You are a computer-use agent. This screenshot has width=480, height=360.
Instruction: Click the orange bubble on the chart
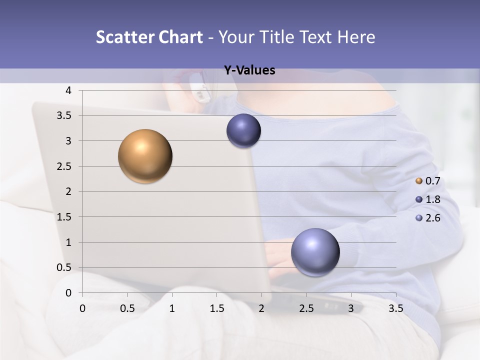pyautogui.click(x=145, y=156)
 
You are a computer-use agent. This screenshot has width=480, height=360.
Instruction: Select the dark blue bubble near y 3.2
pyautogui.click(x=243, y=130)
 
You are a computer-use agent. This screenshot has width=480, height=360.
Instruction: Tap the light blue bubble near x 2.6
pyautogui.click(x=315, y=252)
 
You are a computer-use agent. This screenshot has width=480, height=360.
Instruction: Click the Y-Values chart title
pyautogui.click(x=249, y=70)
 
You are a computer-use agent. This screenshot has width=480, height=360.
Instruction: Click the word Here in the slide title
pyautogui.click(x=356, y=37)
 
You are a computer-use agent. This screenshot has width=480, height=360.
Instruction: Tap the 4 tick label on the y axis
pyautogui.click(x=68, y=90)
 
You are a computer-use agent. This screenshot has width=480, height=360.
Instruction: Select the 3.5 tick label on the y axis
pyautogui.click(x=65, y=116)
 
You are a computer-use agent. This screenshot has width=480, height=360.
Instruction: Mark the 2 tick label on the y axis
pyautogui.click(x=68, y=191)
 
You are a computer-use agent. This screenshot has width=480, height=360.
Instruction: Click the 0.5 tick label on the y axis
pyautogui.click(x=65, y=267)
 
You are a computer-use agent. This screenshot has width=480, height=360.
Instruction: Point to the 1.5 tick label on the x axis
pyautogui.click(x=216, y=308)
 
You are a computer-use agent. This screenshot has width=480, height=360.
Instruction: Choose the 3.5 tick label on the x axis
pyautogui.click(x=395, y=308)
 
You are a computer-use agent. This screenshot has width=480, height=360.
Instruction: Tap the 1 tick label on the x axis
pyautogui.click(x=172, y=308)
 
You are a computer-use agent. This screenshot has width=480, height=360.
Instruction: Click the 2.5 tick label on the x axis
pyautogui.click(x=306, y=308)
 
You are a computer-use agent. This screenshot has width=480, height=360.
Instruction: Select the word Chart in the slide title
pyautogui.click(x=180, y=37)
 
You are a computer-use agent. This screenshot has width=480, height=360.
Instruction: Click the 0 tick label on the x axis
pyautogui.click(x=82, y=308)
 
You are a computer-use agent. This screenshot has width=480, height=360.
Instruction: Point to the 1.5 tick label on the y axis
pyautogui.click(x=65, y=217)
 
